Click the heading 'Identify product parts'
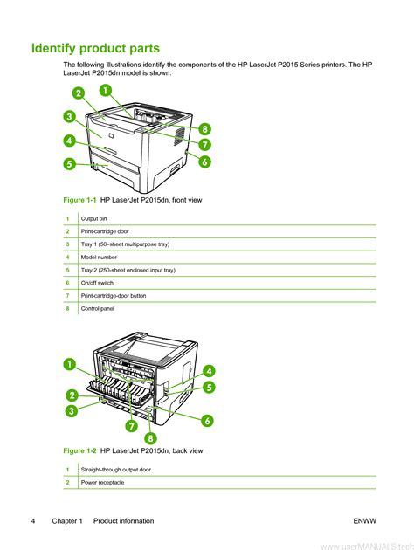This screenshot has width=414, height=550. coord(95,48)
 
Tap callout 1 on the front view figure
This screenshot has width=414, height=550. coord(106,91)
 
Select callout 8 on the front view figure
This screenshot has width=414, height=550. coord(205,128)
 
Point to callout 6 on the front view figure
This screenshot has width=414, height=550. coord(205,162)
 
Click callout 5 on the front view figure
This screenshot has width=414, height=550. coord(70,164)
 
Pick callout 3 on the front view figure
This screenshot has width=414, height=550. coord(70,116)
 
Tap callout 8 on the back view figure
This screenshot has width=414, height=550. coord(150,438)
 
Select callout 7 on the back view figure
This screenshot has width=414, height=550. coord(132,426)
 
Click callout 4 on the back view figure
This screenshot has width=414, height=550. coord(209,371)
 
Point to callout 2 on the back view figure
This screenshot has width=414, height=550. coord(72,395)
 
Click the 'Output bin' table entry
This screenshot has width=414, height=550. coord(93,218)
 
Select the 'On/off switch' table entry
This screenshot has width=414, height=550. coord(97,283)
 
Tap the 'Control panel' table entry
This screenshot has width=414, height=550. coord(98,309)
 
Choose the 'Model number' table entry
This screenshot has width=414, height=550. coord(99,258)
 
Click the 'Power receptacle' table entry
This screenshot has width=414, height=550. coord(102,482)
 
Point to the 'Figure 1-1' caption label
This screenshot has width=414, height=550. coord(79,200)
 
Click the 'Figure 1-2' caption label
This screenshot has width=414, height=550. coord(79,450)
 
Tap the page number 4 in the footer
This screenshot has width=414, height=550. coord(33,521)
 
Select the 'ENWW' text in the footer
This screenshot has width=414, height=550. coord(365,521)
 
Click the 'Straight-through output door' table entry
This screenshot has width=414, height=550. coord(116,470)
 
